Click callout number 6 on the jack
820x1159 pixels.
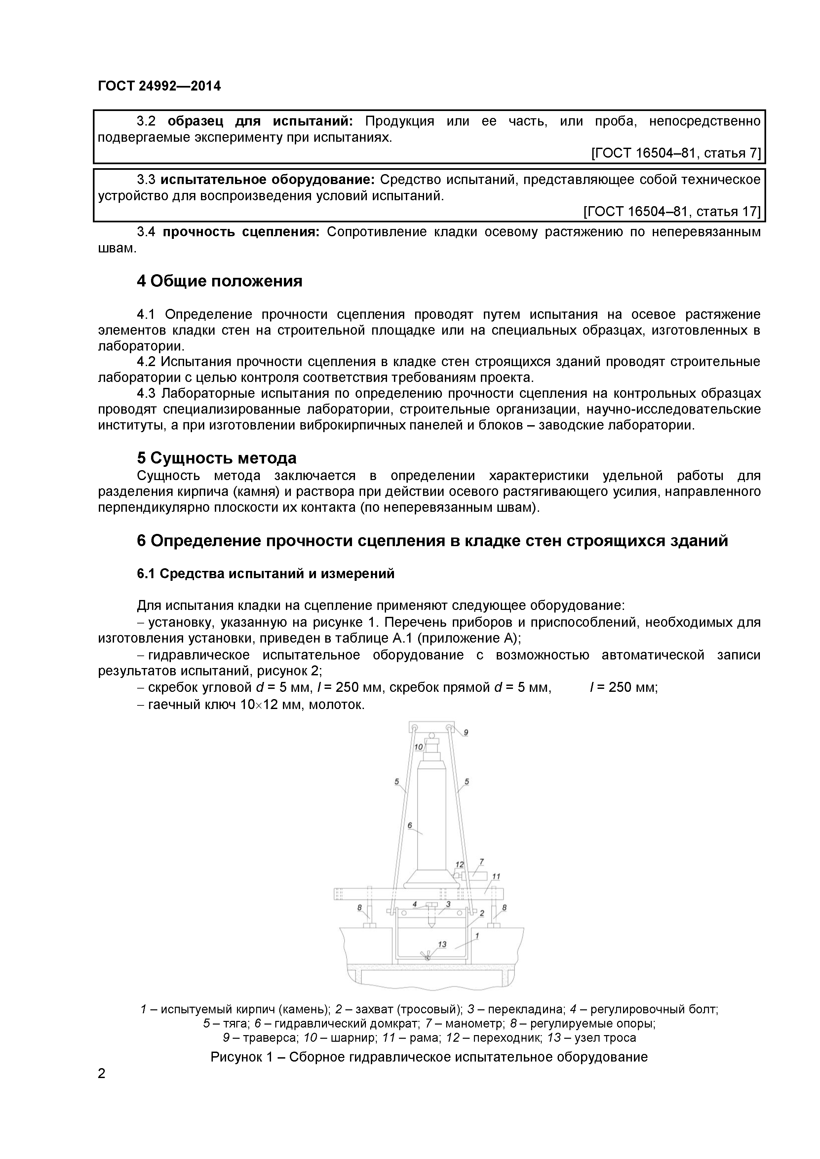410,825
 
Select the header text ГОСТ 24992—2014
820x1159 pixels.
159,86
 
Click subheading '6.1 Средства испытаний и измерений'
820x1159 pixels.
265,574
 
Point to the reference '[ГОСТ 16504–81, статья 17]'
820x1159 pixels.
672,211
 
